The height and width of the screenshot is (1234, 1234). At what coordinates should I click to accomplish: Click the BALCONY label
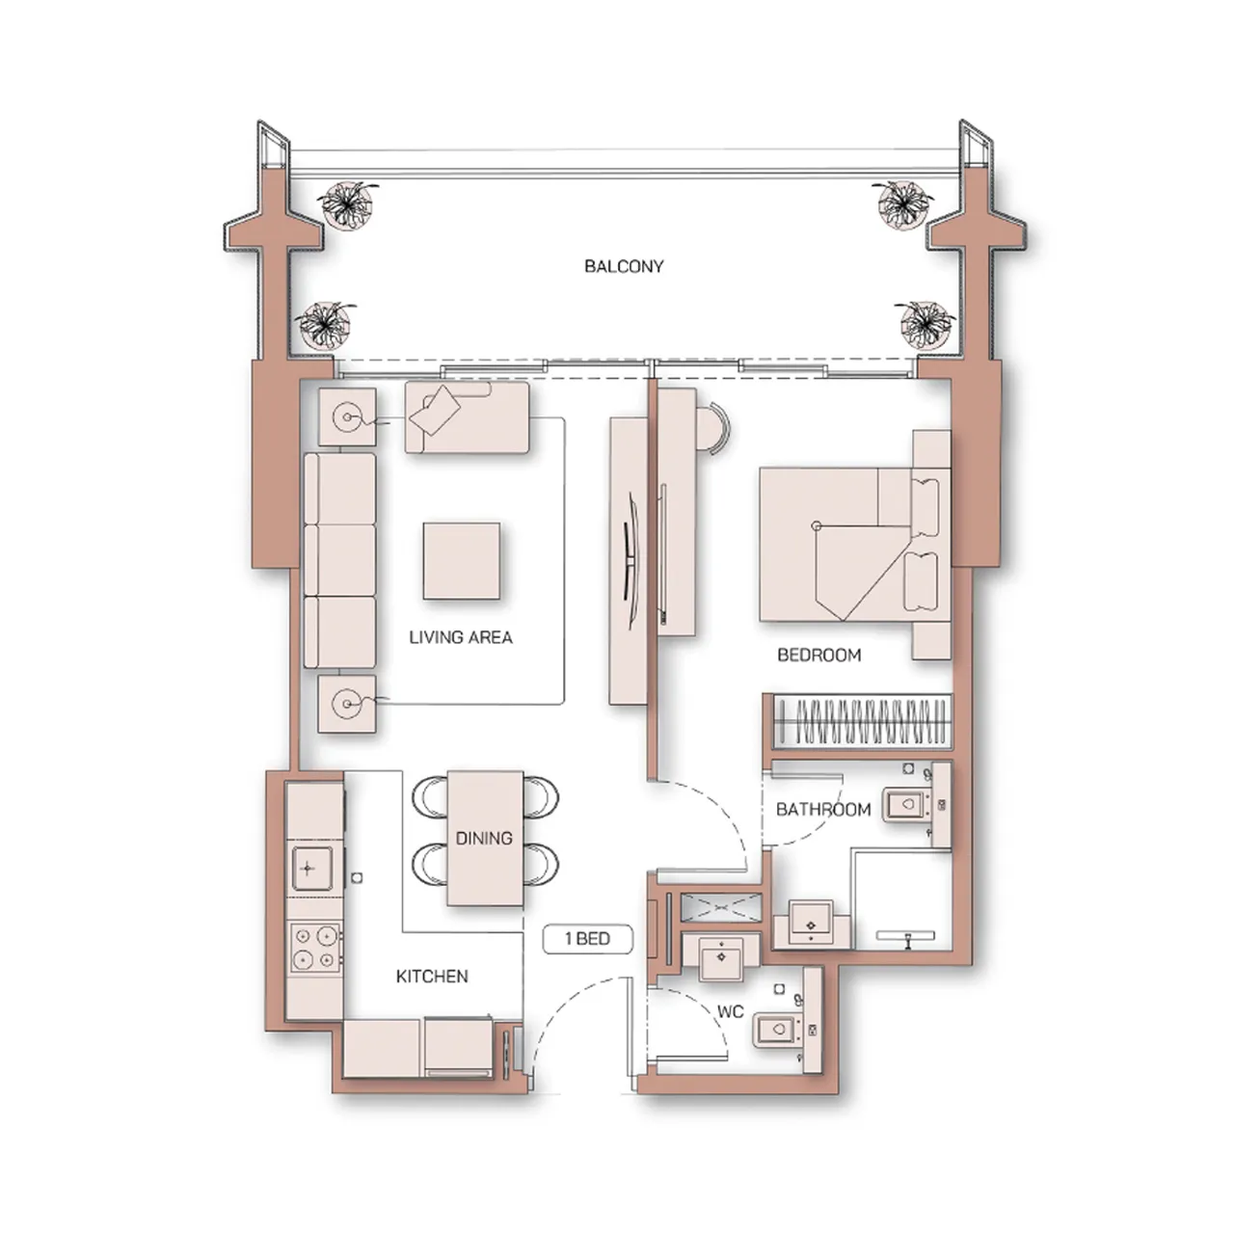[x=624, y=266]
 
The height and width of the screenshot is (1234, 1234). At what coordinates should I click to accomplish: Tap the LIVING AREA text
[x=461, y=637]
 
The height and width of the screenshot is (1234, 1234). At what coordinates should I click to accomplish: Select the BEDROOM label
[x=818, y=656]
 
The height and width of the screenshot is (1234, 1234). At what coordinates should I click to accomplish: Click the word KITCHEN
[x=432, y=977]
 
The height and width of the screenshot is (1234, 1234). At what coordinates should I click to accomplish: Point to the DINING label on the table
[x=484, y=838]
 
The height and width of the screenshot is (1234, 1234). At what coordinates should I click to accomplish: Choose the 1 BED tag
[x=587, y=939]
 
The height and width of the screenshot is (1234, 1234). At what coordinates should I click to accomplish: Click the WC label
[x=730, y=1012]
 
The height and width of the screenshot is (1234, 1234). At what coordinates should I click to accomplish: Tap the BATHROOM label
[x=822, y=810]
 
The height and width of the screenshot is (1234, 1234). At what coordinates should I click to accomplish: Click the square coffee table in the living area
[x=461, y=560]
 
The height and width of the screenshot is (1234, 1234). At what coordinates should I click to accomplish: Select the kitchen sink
[x=308, y=868]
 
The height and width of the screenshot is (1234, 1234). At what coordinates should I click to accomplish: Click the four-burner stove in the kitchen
[x=315, y=947]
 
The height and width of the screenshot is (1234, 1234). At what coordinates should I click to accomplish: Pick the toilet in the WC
[x=777, y=1030]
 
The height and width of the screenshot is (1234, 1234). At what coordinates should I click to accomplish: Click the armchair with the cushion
[x=467, y=417]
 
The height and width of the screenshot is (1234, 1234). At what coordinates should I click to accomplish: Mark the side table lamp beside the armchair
[x=346, y=417]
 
